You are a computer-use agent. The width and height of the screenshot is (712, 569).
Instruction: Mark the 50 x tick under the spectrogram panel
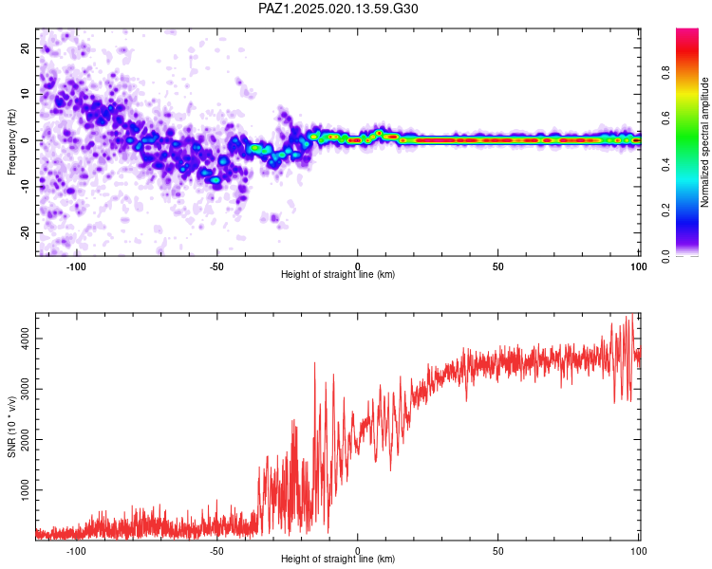pos(497,265)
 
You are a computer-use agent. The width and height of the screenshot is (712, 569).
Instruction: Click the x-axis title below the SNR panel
pos(338,560)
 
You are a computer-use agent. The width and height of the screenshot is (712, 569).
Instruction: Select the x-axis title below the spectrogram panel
pos(338,275)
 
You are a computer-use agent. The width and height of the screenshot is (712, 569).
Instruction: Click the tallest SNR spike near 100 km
pos(632,317)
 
